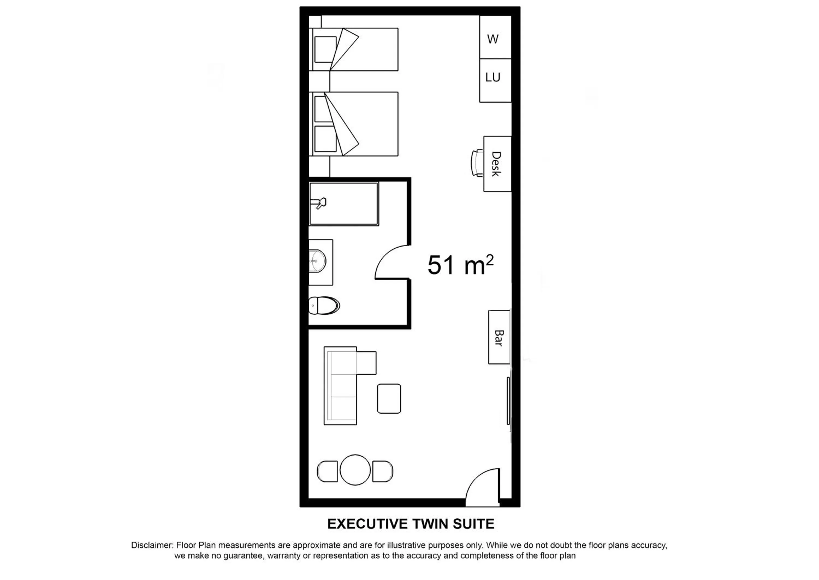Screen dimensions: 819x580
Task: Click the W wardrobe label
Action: pos(492,39)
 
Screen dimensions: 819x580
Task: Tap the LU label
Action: pos(493,77)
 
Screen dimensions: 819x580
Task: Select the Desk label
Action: pos(496,164)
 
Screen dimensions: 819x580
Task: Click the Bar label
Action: pos(499,338)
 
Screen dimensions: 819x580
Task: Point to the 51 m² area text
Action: pos(461,265)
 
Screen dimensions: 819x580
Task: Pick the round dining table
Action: pos(355,470)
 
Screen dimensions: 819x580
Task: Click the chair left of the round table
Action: pos(327,471)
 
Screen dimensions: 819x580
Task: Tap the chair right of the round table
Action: pos(383,471)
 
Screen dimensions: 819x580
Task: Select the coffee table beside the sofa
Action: pos(389,399)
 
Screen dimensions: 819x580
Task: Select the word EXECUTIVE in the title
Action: pos(367,524)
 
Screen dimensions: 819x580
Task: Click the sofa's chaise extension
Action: pos(366,363)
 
